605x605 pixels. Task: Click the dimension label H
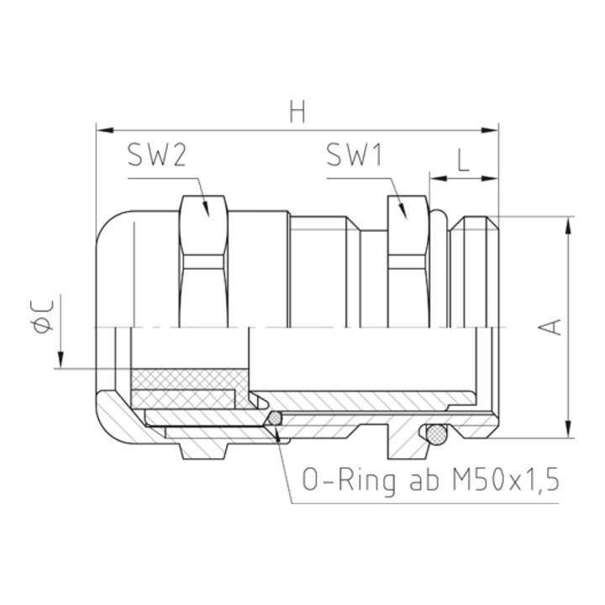click(x=297, y=112)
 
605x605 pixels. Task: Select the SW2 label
click(x=157, y=155)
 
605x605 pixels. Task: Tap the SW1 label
click(x=355, y=155)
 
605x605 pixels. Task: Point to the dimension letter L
click(x=463, y=160)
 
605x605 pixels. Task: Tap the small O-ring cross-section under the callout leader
click(x=275, y=419)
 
